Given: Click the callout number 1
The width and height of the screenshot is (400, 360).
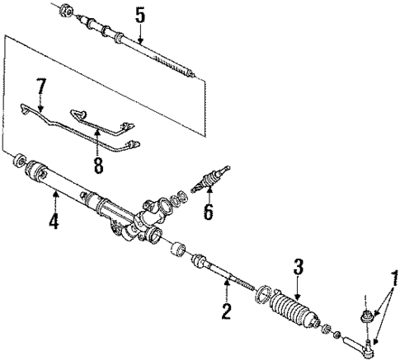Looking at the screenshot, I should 393,300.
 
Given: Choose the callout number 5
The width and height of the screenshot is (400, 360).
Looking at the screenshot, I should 140,14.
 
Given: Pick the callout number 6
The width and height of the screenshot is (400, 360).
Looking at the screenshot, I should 208,212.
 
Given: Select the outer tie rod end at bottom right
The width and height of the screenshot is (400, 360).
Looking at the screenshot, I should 363,341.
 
